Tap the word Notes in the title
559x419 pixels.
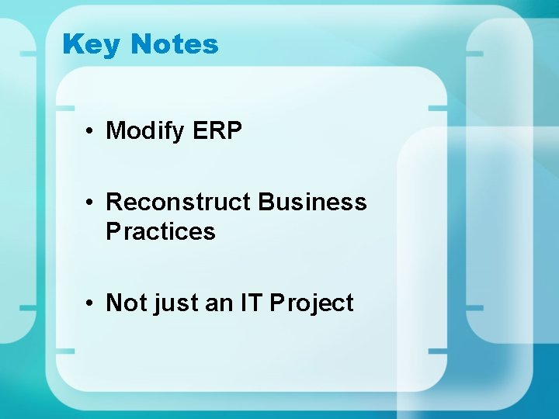coord(175,43)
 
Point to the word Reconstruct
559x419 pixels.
coord(178,202)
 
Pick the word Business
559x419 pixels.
coord(312,202)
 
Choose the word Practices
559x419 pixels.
coord(160,231)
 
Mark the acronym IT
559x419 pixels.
coord(252,302)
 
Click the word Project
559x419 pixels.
coord(311,303)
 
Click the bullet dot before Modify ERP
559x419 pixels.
coord(91,131)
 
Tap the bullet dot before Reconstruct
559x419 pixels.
coord(91,203)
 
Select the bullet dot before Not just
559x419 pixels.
coord(91,303)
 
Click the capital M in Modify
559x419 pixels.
coord(115,130)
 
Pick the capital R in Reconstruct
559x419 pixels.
coord(114,202)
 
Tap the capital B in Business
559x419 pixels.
coord(266,202)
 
